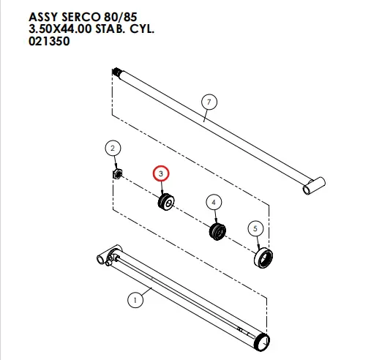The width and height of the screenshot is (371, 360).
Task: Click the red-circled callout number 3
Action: click(161, 173)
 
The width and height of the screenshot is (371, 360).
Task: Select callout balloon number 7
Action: click(209, 102)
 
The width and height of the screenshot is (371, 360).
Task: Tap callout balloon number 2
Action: click(113, 148)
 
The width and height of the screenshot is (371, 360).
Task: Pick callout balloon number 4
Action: click(214, 203)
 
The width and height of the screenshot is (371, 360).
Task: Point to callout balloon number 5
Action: click(255, 228)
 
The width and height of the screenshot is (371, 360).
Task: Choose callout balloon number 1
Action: click(135, 300)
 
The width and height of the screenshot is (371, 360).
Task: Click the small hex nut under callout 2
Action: click(117, 173)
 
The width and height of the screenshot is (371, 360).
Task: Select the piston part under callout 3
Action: click(166, 201)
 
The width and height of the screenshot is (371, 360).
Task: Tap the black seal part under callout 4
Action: click(217, 231)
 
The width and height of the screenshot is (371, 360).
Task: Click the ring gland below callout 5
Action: click(263, 258)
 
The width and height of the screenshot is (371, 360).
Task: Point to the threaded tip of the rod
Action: click(116, 72)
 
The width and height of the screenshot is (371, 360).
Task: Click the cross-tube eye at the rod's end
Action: click(314, 186)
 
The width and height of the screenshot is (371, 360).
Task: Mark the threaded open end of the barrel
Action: click(262, 342)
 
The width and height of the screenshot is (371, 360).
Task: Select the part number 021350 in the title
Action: click(49, 41)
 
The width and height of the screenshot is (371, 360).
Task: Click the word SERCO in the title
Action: click(81, 17)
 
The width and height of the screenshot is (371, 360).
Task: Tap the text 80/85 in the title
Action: click(121, 17)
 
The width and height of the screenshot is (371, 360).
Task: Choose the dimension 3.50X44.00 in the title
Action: click(60, 29)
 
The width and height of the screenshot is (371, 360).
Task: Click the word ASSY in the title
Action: click(44, 17)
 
